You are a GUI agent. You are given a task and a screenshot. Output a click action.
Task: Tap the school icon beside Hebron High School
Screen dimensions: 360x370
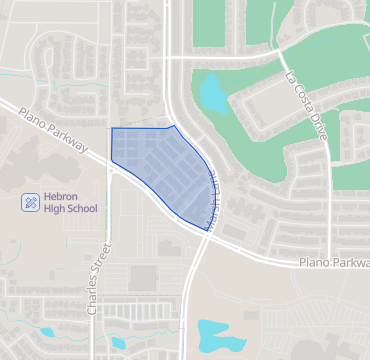click(x=31, y=202)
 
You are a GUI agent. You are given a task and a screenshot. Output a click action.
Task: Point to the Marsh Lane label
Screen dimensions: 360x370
click(x=211, y=199)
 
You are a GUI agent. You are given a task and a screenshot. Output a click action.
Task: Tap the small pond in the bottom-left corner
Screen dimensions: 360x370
click(x=47, y=332)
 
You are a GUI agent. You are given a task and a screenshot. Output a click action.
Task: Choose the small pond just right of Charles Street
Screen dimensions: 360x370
click(x=119, y=342)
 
